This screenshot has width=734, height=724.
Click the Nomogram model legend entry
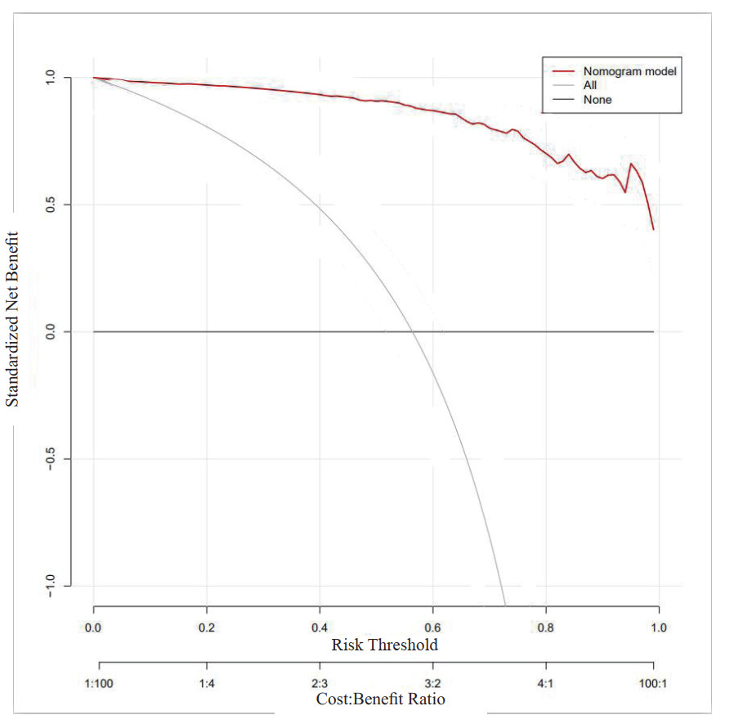[x=629, y=71]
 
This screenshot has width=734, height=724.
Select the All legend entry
[x=590, y=85]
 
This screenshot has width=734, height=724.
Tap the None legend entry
[x=597, y=100]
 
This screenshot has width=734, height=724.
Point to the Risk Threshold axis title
[x=384, y=645]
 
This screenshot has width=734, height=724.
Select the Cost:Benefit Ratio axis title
[x=381, y=699]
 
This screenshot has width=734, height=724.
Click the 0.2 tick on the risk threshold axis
[x=207, y=627]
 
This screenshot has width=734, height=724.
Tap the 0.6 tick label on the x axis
[x=433, y=627]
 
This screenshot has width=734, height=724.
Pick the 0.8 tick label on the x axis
[x=546, y=627]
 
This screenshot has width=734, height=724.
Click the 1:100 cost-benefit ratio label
[x=99, y=682]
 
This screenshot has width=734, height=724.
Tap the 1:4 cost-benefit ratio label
[x=207, y=682]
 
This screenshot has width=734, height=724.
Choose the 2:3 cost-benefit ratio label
[x=320, y=682]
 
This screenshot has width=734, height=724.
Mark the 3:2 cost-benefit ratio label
[x=433, y=682]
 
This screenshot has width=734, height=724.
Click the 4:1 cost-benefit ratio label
[x=546, y=682]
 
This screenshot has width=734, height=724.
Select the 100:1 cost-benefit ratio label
[x=654, y=682]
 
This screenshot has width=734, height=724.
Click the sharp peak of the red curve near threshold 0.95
[x=631, y=164]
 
